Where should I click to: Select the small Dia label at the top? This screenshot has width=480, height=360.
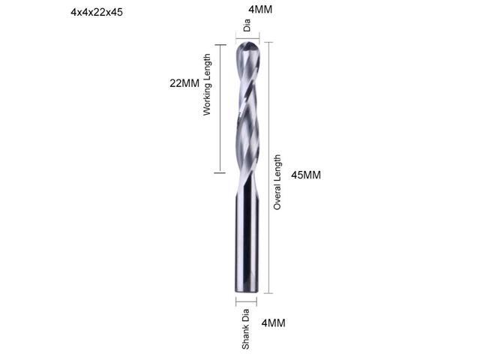point(247,28)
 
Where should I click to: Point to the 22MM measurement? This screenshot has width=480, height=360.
point(184,84)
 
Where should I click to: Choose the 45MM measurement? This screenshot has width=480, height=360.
point(306,175)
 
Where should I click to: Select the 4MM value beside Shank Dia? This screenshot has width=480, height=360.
point(273,323)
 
